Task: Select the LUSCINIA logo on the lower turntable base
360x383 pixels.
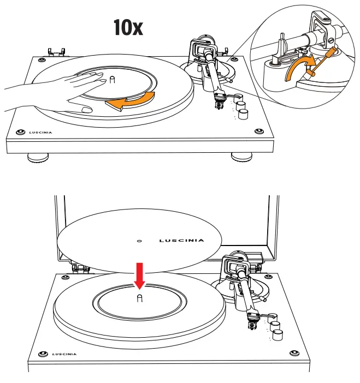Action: [x=64, y=354]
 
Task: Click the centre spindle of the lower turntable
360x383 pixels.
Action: [x=140, y=297]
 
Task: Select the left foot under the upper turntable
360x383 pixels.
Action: [x=37, y=158]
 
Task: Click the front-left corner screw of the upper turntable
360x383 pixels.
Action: [x=20, y=131]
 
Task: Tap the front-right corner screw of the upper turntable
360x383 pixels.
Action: [x=258, y=131]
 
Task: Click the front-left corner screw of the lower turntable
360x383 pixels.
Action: [x=42, y=354]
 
